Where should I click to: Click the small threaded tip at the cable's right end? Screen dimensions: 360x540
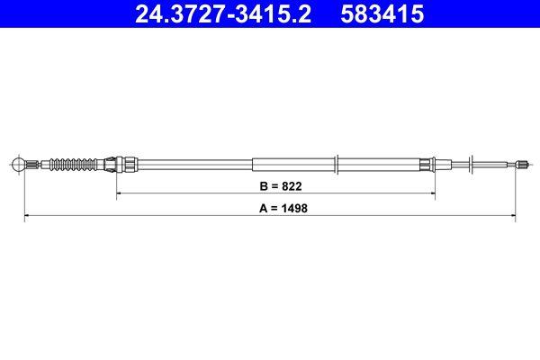click(x=521, y=164)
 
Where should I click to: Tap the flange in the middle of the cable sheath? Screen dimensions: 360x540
click(x=337, y=164)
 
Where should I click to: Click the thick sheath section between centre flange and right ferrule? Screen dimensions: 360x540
click(x=382, y=164)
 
